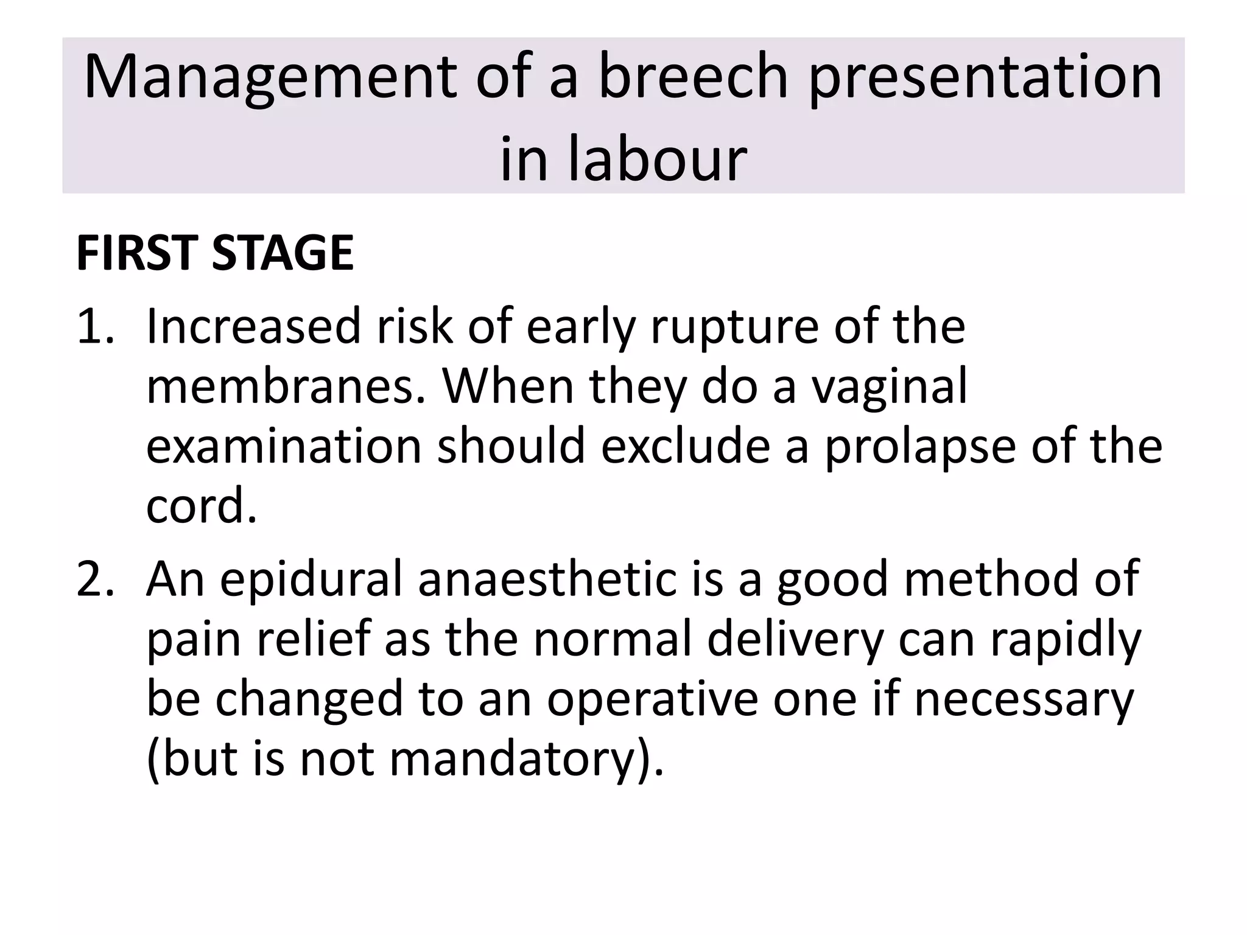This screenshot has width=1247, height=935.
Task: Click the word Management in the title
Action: pyautogui.click(x=270, y=78)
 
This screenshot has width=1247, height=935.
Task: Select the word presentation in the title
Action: pyautogui.click(x=985, y=78)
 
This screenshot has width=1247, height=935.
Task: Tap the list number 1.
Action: pyautogui.click(x=94, y=326)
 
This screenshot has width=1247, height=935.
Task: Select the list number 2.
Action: pyautogui.click(x=94, y=579)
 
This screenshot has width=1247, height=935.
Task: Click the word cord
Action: pyautogui.click(x=201, y=505)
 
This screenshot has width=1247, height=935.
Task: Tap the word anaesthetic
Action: pyautogui.click(x=547, y=579)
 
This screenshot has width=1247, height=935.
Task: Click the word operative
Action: pyautogui.click(x=652, y=701)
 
